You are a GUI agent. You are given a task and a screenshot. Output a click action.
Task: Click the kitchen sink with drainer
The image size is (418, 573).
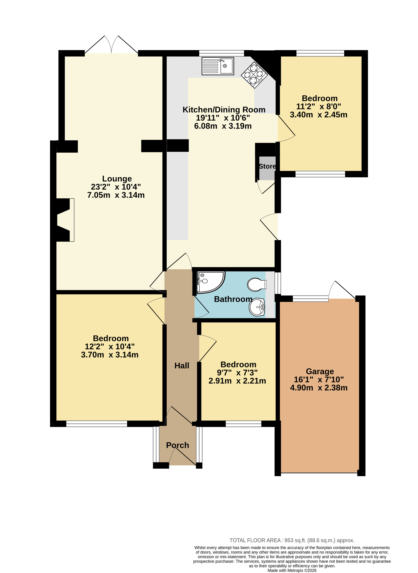218,66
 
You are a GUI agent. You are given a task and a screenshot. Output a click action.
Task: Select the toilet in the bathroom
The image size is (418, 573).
257,285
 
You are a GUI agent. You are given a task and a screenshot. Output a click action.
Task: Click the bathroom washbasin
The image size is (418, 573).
257,307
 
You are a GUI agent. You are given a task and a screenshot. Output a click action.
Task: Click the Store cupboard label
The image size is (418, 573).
267,166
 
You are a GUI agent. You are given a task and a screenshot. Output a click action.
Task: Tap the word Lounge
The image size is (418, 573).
117,179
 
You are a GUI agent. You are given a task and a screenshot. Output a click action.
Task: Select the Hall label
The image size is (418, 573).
182,366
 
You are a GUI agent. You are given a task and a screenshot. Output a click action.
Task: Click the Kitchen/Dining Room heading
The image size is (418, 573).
224,110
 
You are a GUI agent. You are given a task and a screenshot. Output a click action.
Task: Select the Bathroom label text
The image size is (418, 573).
233,299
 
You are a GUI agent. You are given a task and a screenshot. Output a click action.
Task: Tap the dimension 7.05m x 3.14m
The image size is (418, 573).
116,195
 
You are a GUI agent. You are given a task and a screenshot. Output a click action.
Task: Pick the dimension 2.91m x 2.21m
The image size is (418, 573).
237,381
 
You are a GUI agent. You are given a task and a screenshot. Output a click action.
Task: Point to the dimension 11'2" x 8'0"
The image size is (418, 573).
319,106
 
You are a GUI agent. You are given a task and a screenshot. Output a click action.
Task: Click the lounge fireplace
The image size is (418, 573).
64,220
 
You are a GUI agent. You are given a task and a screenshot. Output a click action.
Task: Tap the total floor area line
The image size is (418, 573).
292,540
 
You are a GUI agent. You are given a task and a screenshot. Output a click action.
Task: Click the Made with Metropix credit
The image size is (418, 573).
292,570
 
